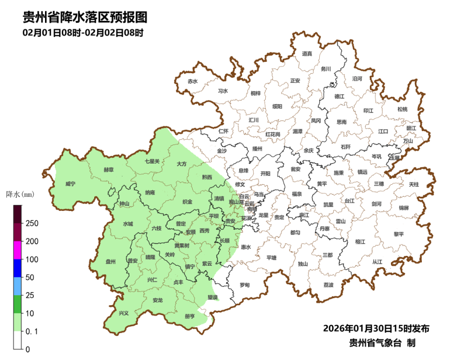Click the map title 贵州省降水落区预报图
click(x=85, y=17)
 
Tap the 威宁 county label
click(x=70, y=184)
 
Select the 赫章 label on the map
click(x=108, y=170)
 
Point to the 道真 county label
click(x=307, y=54)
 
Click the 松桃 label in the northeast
click(x=402, y=109)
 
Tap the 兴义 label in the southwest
click(x=123, y=313)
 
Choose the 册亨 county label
click(x=190, y=316)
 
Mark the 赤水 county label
click(x=193, y=82)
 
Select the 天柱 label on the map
click(x=413, y=185)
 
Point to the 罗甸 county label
click(x=245, y=285)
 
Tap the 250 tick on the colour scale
click(x=32, y=223)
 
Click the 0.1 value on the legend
click(x=31, y=331)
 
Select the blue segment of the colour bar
click(x=17, y=268)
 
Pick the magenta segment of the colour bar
click(x=17, y=250)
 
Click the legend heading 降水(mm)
click(x=20, y=194)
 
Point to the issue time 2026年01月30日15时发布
click(x=376, y=328)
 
